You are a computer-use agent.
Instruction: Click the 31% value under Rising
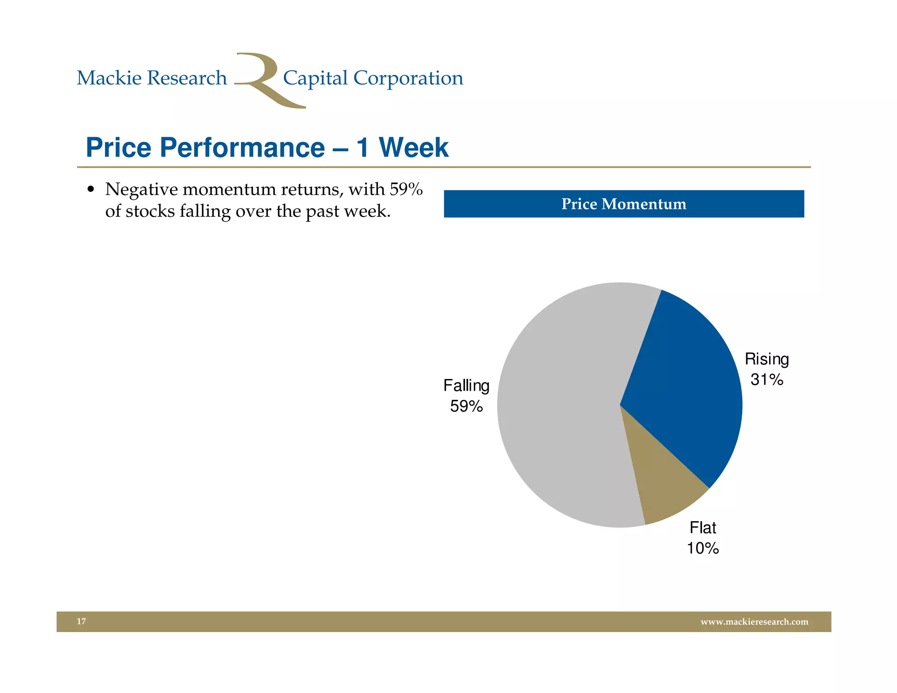[766, 379]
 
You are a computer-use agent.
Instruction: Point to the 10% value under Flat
[703, 548]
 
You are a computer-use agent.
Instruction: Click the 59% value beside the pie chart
[466, 406]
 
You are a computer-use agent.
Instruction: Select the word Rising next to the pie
[766, 359]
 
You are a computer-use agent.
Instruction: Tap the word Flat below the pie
[703, 527]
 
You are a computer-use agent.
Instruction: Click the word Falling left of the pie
[466, 386]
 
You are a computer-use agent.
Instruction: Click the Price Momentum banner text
[624, 204]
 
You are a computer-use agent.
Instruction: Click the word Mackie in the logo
[109, 78]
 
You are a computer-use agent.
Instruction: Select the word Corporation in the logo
[408, 78]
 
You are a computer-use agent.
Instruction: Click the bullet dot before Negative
[91, 190]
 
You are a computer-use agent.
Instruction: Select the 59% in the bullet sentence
[406, 189]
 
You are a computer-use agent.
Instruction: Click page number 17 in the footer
[81, 621]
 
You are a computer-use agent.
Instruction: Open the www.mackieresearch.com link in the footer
[754, 622]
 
